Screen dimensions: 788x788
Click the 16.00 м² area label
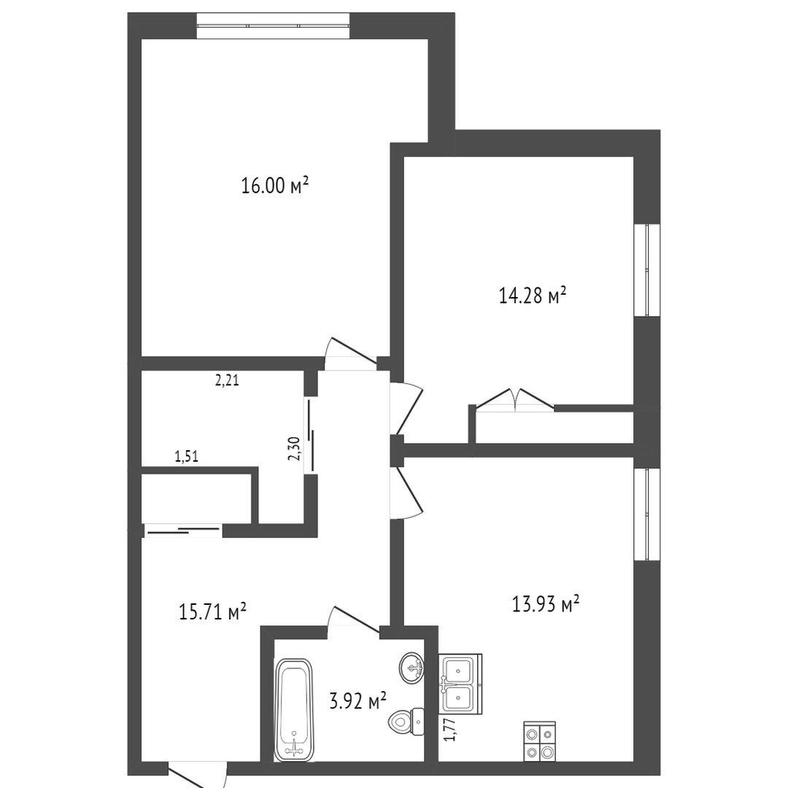click(274, 185)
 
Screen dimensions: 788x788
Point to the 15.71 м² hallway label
click(212, 611)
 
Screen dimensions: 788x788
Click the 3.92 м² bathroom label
click(358, 700)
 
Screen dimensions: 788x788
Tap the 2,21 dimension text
click(227, 381)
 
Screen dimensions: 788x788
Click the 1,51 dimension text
click(187, 456)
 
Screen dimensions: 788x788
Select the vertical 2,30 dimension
click(295, 448)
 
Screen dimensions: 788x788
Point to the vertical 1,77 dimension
click(450, 730)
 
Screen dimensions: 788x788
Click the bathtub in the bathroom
click(293, 709)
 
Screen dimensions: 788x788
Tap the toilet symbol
click(406, 722)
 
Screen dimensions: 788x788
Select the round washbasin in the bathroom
click(412, 668)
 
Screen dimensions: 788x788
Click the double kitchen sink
click(460, 684)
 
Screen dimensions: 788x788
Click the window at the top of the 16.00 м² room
click(273, 26)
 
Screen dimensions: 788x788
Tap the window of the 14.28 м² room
click(646, 270)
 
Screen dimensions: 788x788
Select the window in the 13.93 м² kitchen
click(646, 514)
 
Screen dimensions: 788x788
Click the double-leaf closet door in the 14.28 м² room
click(515, 400)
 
